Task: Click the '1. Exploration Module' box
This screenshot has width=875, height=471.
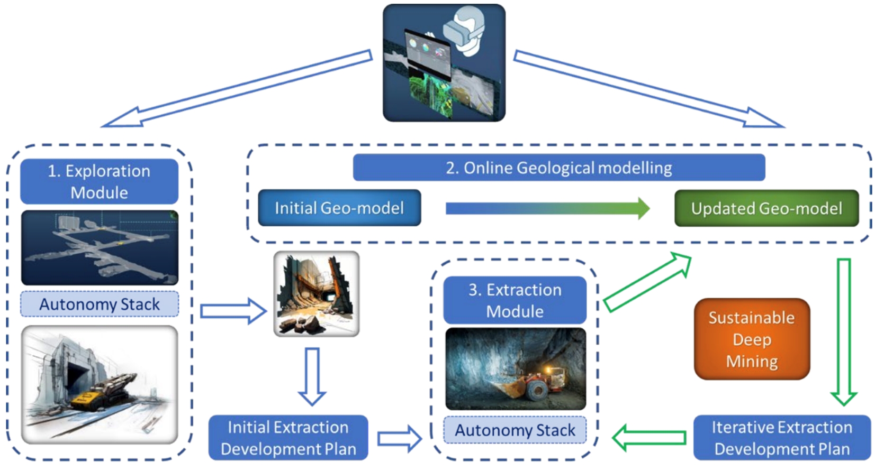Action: click(99, 181)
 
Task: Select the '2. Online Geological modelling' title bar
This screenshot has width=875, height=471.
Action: click(558, 168)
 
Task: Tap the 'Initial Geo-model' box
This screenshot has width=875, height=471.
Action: click(339, 208)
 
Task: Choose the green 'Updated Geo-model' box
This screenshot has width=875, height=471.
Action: click(766, 208)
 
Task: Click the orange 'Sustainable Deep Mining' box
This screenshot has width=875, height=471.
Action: click(752, 339)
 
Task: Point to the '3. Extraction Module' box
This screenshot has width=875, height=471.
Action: click(515, 300)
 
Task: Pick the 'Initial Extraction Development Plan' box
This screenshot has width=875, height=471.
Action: click(288, 438)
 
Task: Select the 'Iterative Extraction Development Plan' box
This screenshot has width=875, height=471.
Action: click(782, 438)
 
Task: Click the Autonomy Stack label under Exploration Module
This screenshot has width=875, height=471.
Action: click(100, 304)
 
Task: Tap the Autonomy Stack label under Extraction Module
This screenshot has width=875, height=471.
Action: click(515, 430)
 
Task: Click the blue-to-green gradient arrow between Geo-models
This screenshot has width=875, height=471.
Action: click(547, 208)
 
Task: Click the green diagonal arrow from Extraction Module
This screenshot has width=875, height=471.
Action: click(647, 282)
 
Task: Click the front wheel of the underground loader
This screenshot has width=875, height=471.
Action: click(536, 391)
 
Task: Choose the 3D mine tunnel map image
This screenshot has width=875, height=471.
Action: click(100, 248)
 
